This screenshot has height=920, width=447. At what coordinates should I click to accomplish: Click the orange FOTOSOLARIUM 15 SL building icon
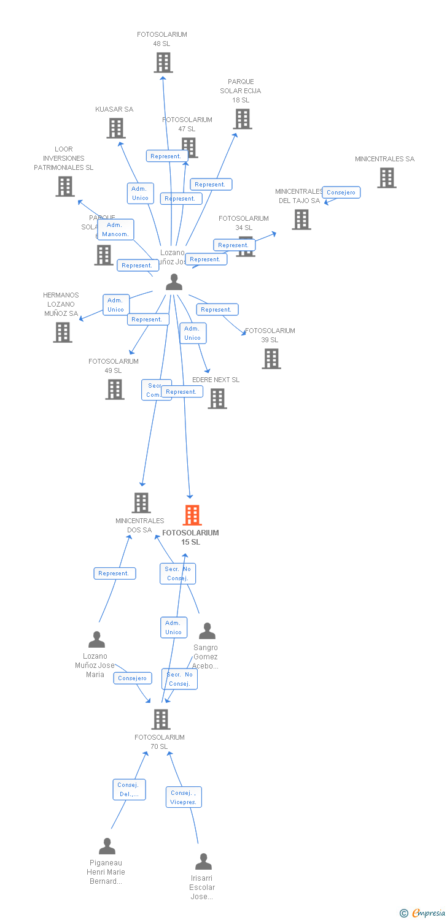[192, 515]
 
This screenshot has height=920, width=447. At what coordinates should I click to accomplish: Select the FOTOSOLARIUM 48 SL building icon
[163, 63]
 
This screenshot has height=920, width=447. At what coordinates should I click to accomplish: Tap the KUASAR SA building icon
[116, 128]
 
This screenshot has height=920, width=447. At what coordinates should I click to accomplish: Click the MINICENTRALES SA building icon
[386, 178]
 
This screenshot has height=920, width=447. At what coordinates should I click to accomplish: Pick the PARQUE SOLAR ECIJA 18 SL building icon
[243, 119]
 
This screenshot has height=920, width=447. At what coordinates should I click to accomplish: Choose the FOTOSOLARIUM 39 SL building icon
[271, 359]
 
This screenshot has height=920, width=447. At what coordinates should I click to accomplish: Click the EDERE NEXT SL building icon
[217, 399]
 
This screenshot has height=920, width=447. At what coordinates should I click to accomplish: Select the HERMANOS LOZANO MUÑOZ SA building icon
[63, 332]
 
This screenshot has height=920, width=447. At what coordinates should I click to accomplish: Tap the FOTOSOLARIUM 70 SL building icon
[160, 719]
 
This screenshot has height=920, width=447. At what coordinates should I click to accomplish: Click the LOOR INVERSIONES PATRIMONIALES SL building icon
[64, 186]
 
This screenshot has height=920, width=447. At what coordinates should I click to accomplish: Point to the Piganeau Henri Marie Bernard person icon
[107, 846]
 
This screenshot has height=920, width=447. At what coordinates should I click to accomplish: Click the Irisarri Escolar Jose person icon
[203, 862]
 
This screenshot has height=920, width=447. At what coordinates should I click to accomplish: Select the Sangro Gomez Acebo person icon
[207, 631]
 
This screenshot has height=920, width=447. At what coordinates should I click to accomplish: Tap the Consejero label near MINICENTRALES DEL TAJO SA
[341, 193]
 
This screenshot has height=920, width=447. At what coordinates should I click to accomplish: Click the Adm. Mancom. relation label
[115, 229]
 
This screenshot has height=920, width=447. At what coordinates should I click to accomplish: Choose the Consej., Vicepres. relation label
[184, 797]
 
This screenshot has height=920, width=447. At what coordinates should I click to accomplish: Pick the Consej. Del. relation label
[129, 789]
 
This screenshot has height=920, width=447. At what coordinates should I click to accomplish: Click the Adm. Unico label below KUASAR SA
[140, 193]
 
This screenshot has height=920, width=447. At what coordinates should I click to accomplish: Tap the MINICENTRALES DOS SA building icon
[141, 503]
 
